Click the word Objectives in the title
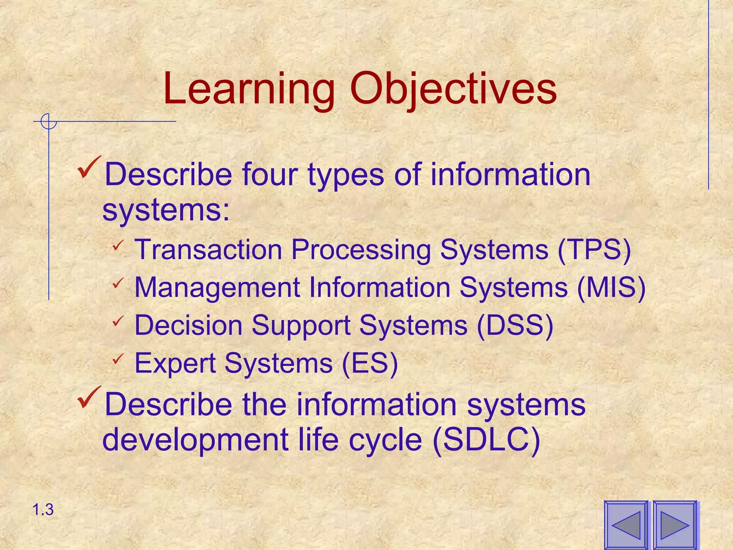pos(453,90)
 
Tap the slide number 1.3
pos(43,510)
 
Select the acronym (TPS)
pos(594,250)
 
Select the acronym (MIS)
pos(611,288)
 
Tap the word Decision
pos(188,325)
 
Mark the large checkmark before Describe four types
pos(89,167)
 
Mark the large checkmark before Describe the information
pos(89,397)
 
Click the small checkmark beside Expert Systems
pos(117,359)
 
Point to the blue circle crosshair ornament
pos(49,122)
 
